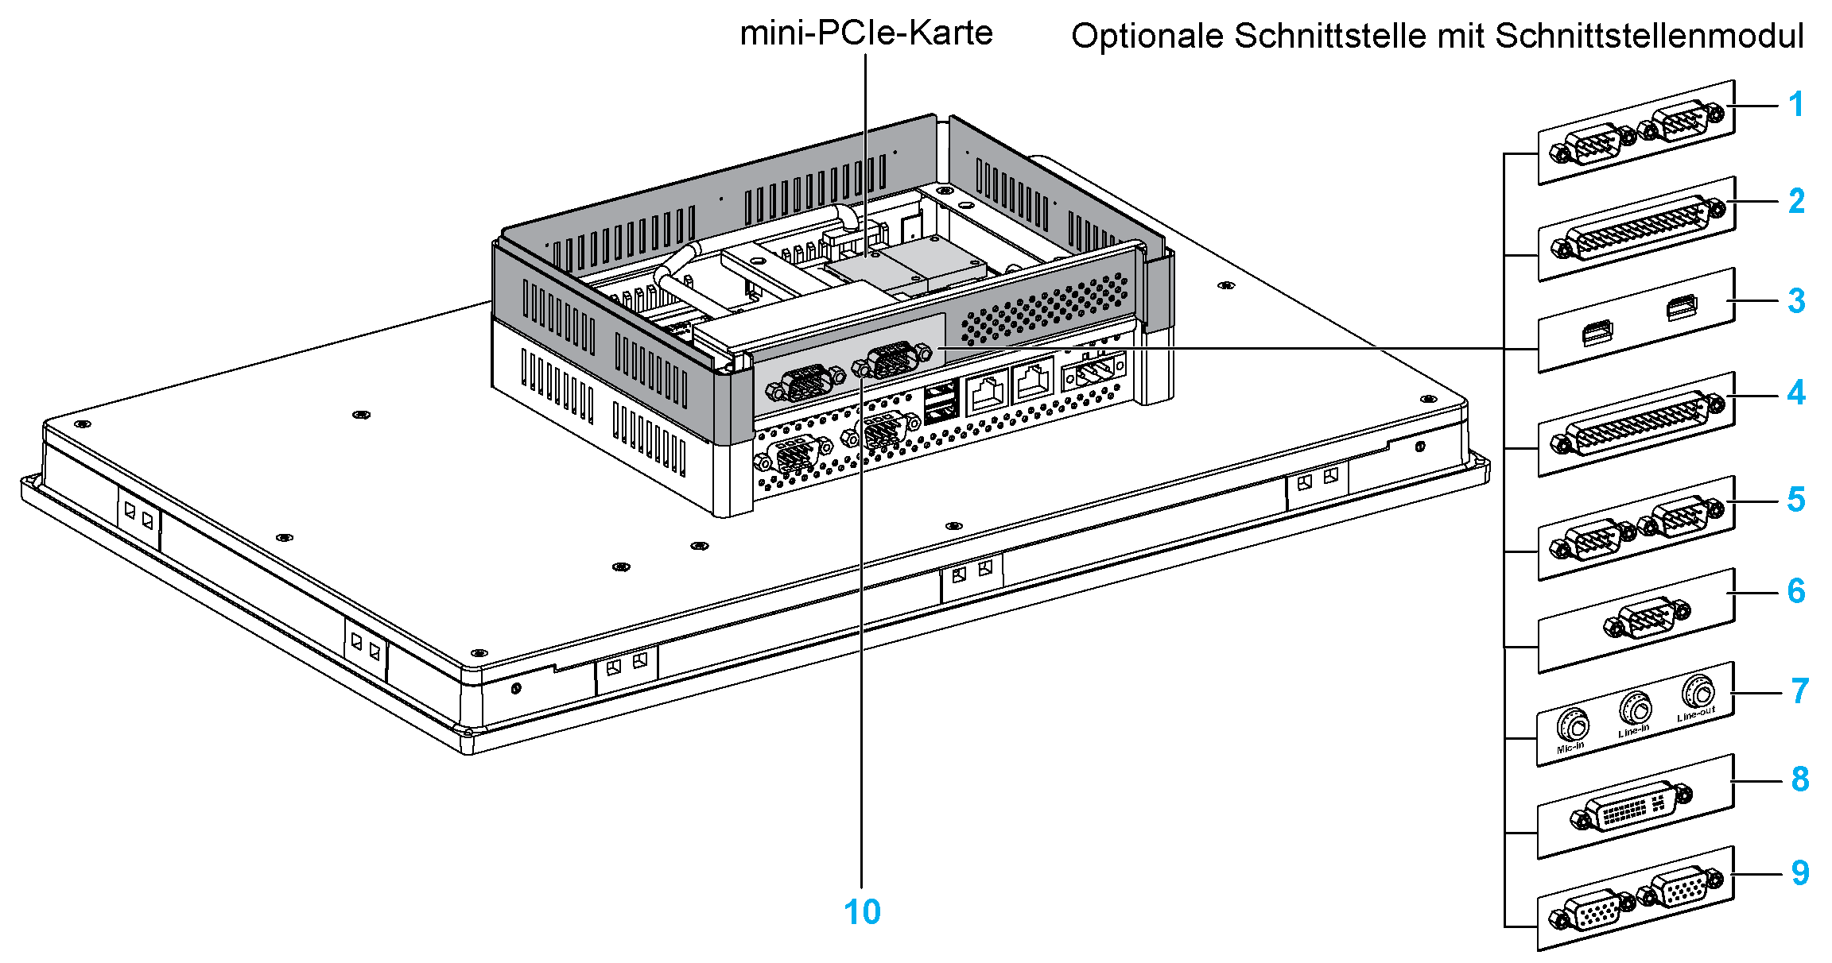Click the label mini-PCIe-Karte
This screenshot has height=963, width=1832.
[x=865, y=33]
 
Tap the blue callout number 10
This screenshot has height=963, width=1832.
[x=862, y=912]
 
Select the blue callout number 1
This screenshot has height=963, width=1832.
[x=1795, y=104]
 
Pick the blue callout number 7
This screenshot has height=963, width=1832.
[x=1799, y=691]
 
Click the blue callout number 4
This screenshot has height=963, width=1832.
[x=1796, y=393]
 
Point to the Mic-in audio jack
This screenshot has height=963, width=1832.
[x=1572, y=725]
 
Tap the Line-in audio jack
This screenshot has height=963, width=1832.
[x=1635, y=708]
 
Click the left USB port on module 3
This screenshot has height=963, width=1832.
[x=1597, y=333]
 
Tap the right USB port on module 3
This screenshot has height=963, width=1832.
[x=1682, y=307]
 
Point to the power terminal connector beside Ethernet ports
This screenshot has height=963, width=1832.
[x=1094, y=371]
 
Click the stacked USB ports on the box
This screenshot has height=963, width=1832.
[x=941, y=401]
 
